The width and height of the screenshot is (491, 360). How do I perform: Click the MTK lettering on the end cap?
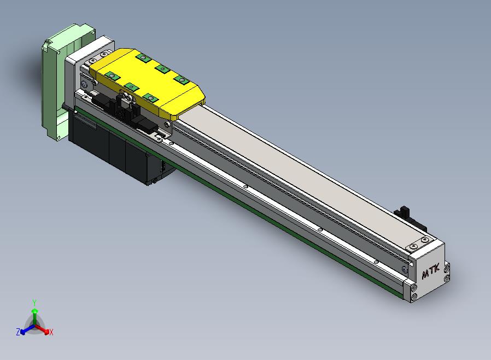(431, 271)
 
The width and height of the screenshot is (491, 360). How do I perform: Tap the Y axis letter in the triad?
(34, 303)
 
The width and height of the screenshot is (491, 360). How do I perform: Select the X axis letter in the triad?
(51, 332)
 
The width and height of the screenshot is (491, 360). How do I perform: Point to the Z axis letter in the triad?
(18, 332)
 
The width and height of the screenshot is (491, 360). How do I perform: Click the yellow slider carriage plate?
(147, 83)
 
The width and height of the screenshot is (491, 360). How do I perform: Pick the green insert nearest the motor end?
(144, 57)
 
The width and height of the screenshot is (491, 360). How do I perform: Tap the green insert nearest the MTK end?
(182, 79)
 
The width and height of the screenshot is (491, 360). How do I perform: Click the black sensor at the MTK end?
(410, 218)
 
